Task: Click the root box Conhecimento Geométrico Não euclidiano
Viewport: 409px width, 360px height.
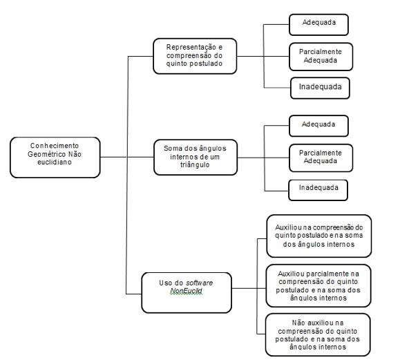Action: (x=55, y=158)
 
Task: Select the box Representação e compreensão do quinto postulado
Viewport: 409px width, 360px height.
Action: (x=195, y=56)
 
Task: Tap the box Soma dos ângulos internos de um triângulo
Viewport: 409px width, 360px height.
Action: (x=196, y=158)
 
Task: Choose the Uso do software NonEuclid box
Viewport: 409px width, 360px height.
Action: (x=187, y=293)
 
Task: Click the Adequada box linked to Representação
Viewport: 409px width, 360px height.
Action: (x=318, y=25)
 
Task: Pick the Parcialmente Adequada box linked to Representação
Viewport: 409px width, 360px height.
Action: (x=321, y=57)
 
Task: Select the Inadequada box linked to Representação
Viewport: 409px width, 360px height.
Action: (x=320, y=88)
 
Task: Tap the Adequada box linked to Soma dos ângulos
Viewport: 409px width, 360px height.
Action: (x=318, y=126)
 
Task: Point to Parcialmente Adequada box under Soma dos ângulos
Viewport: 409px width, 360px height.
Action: (x=321, y=158)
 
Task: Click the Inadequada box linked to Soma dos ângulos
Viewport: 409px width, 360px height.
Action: (x=318, y=190)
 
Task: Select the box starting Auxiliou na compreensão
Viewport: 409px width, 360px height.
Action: (x=319, y=236)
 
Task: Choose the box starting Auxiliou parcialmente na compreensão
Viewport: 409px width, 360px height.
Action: (x=318, y=285)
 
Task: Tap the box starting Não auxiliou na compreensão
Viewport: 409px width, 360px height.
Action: (x=318, y=334)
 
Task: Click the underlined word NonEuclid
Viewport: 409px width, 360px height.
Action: (x=187, y=291)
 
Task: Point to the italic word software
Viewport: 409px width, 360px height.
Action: (x=199, y=283)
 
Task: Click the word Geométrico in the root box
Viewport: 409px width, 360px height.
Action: (x=47, y=154)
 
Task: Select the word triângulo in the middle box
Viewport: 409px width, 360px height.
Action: (x=195, y=165)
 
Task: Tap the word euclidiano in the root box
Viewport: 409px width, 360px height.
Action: (x=55, y=162)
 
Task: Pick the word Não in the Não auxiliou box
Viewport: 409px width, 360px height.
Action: (x=299, y=323)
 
